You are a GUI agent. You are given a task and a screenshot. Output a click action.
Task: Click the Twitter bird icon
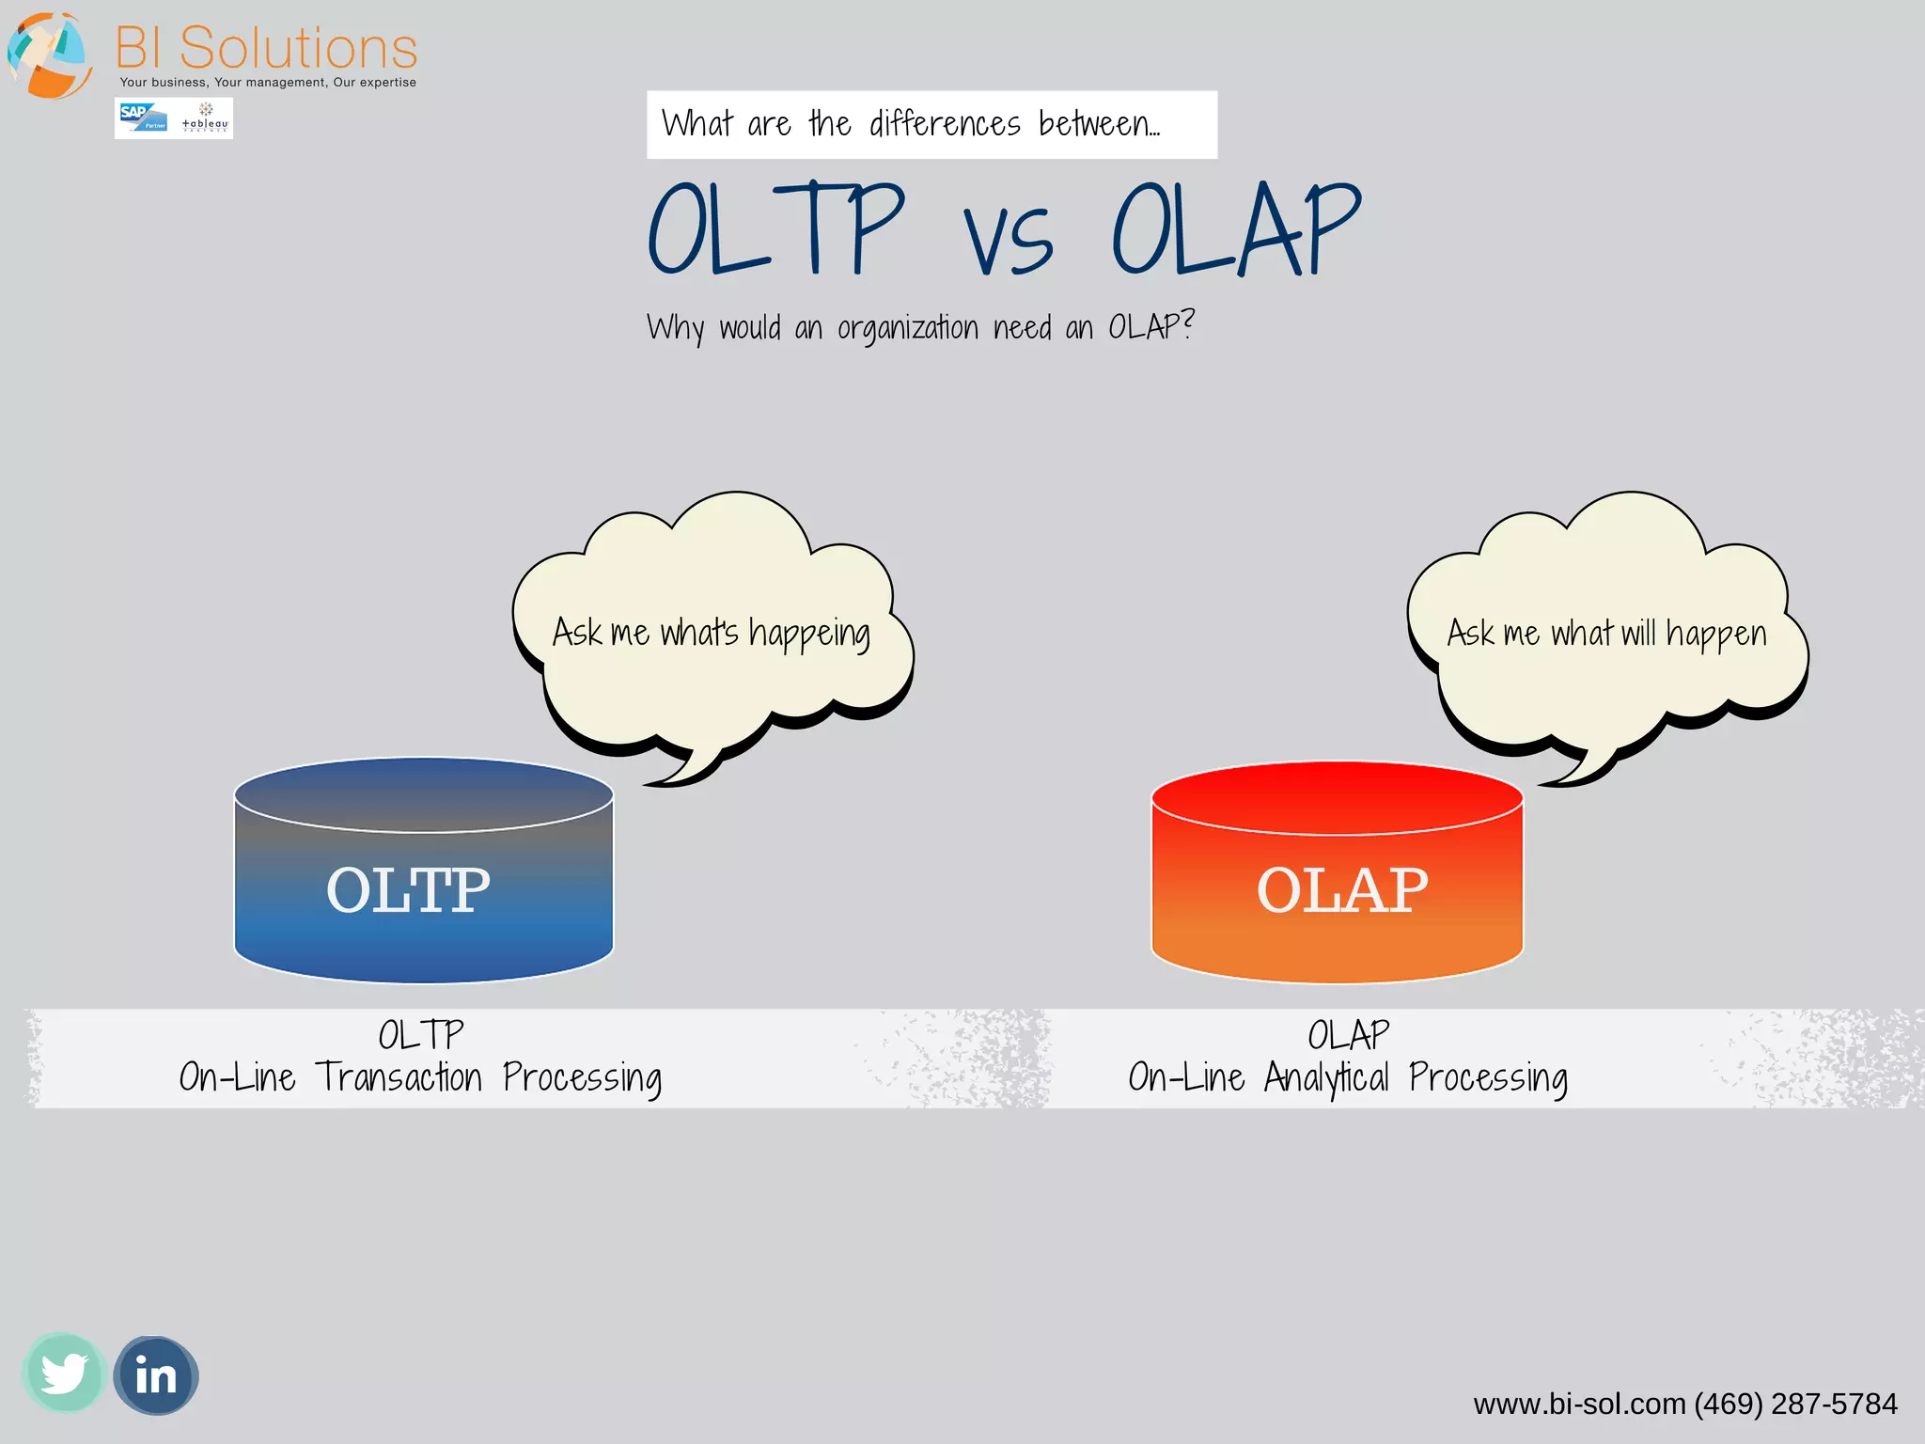[x=63, y=1373]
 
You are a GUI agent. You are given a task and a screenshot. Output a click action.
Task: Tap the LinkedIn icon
[x=155, y=1376]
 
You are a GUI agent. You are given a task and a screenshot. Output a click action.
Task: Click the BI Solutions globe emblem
[x=49, y=55]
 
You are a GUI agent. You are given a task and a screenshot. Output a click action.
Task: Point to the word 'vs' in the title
[x=1008, y=241]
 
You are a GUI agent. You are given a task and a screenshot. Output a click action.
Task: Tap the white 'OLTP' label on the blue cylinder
[x=408, y=890]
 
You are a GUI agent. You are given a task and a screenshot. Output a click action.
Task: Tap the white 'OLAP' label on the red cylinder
[x=1341, y=890]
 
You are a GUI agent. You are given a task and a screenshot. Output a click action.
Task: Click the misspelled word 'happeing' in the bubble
[x=809, y=635]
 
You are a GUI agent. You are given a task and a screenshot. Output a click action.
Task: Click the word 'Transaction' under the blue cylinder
[x=399, y=1077]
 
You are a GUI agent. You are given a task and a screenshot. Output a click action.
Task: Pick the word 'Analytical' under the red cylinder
[x=1325, y=1078]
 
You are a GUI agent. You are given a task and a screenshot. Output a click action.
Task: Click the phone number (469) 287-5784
[x=1795, y=1405]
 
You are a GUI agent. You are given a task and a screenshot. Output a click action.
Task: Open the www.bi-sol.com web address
[x=1579, y=1405]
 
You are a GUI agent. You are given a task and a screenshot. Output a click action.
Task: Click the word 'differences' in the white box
[x=945, y=124]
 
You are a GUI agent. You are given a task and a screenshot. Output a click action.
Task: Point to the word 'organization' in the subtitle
[x=907, y=328]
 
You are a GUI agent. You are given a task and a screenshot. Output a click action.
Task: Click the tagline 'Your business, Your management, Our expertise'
[x=268, y=83]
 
